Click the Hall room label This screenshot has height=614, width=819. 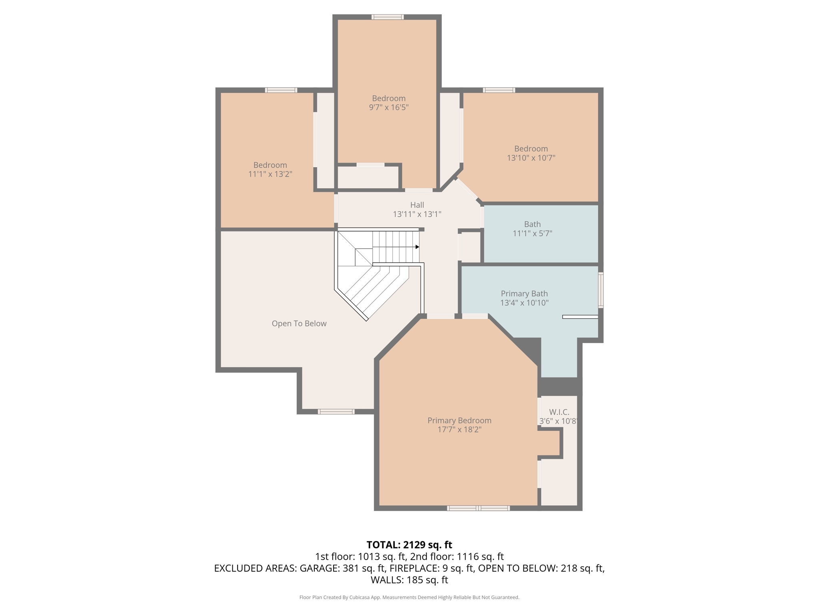(417, 205)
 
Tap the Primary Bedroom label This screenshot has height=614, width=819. (459, 421)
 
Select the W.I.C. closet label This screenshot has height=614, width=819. (559, 412)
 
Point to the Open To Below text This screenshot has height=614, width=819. (299, 324)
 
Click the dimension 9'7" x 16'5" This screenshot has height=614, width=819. (389, 107)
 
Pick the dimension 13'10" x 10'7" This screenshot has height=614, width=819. (531, 158)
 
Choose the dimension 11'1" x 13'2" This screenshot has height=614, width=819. (270, 174)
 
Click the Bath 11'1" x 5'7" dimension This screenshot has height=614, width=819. (532, 233)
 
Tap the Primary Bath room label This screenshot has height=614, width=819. (524, 294)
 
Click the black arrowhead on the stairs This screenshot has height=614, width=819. (417, 247)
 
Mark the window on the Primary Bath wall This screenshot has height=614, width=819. (601, 290)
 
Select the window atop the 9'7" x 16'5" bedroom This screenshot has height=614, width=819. (388, 17)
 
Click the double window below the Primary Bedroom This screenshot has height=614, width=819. (478, 508)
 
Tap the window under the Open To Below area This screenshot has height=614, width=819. (336, 412)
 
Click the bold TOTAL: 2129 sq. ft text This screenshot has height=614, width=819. (409, 545)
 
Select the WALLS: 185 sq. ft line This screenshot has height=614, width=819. (409, 580)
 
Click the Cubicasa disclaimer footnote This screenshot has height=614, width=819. (409, 598)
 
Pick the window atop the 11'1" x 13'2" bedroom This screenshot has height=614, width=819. (281, 90)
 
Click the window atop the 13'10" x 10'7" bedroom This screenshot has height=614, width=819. (499, 90)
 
